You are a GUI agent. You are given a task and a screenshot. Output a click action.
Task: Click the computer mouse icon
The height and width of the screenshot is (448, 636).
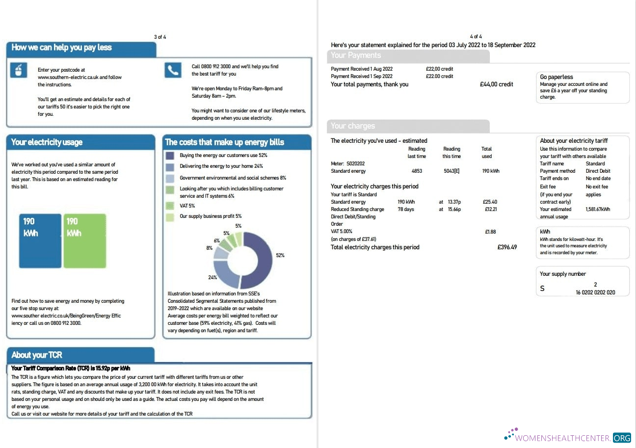click(19, 71)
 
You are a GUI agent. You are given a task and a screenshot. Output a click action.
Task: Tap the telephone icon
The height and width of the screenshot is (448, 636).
click(173, 70)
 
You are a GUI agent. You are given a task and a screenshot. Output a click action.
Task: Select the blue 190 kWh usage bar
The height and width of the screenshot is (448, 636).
click(40, 240)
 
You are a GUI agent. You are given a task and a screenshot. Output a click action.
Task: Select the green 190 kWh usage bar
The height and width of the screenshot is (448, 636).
click(84, 240)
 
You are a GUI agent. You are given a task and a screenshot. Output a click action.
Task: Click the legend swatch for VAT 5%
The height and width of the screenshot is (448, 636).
click(170, 206)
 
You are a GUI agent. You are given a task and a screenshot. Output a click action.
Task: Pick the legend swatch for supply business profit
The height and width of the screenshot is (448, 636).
click(170, 216)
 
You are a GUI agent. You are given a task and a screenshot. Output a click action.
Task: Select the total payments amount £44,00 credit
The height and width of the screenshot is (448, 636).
click(496, 84)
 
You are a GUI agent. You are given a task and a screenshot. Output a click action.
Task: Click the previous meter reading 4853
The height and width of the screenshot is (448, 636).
click(417, 171)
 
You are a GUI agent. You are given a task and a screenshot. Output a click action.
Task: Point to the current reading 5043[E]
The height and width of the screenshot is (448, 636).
click(451, 171)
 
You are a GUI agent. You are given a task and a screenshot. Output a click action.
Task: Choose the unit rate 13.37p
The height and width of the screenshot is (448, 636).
click(454, 202)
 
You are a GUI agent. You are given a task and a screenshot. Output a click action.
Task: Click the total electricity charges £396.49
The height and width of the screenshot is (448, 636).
click(507, 247)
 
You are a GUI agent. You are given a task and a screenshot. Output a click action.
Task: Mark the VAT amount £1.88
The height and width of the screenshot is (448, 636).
click(490, 232)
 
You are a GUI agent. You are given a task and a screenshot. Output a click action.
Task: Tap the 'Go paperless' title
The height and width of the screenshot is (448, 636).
click(556, 77)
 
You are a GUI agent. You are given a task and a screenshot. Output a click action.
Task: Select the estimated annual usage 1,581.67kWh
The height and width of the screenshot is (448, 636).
click(598, 210)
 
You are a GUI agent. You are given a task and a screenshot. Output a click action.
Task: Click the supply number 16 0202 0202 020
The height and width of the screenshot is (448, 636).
click(595, 292)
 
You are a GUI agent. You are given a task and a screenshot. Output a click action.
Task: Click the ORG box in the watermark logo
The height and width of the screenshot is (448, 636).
click(622, 437)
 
